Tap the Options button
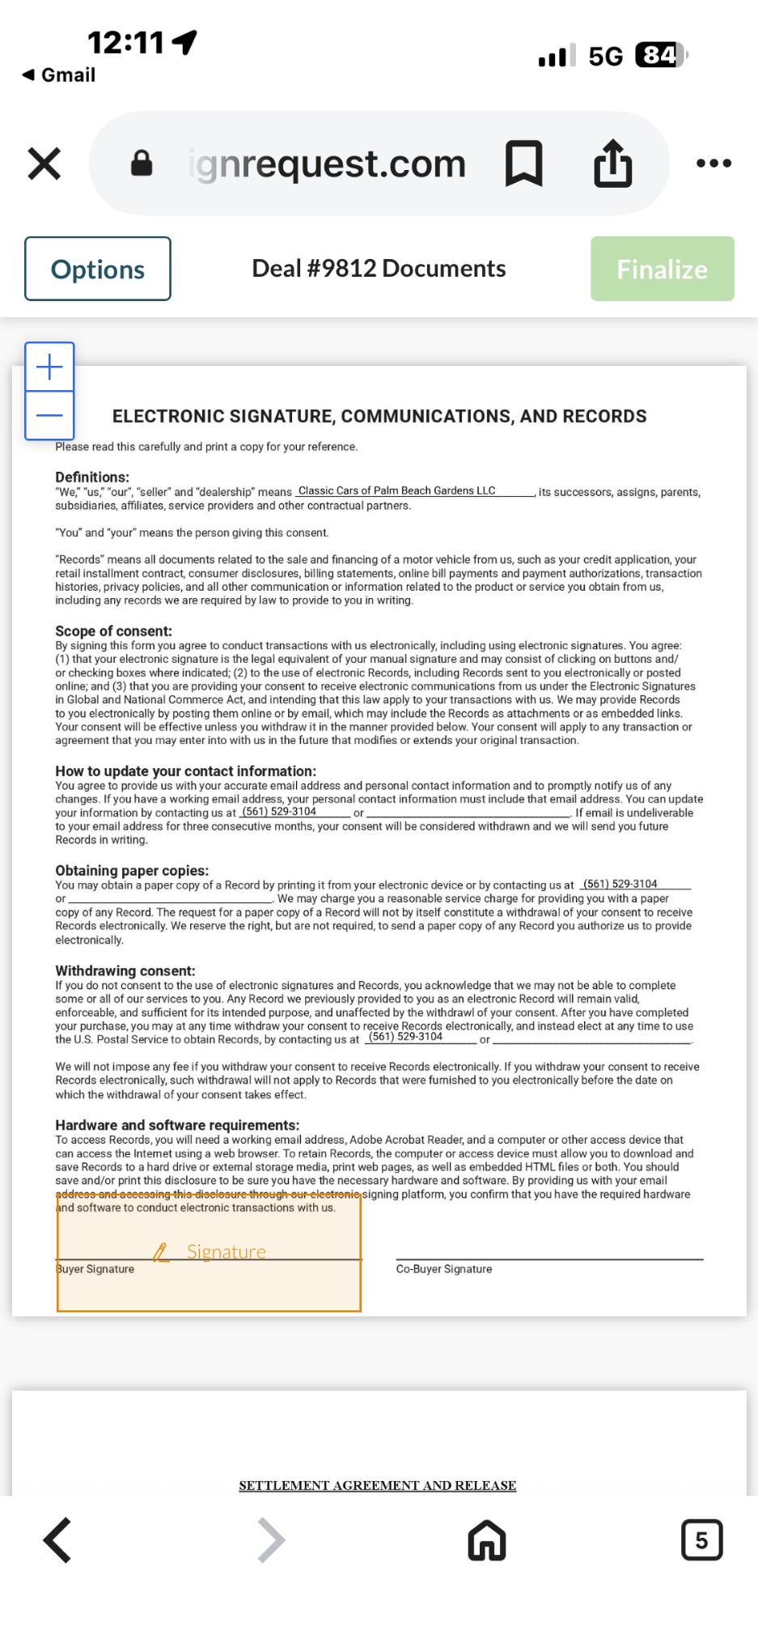[98, 269]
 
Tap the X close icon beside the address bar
[44, 163]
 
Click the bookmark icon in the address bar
[523, 163]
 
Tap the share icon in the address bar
[612, 163]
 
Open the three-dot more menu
[714, 163]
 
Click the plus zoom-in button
[49, 367]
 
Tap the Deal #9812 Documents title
[379, 269]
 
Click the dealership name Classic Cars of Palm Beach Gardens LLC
[396, 491]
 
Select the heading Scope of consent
[113, 631]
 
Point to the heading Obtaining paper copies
[132, 871]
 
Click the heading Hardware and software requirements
[177, 1125]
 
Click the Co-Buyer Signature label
[444, 1269]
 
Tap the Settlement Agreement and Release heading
[377, 1485]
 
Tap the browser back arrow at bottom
[57, 1539]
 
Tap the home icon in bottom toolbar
[486, 1539]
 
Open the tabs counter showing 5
[701, 1539]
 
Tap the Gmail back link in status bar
[59, 75]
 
